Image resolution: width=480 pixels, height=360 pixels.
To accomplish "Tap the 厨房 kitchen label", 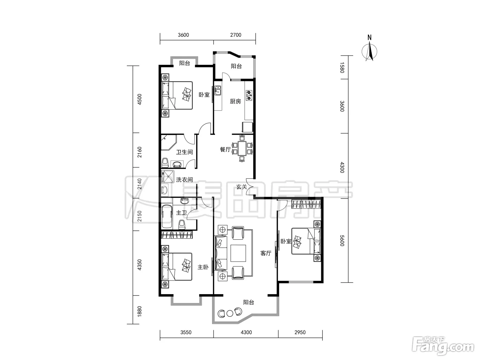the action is pyautogui.click(x=235, y=101).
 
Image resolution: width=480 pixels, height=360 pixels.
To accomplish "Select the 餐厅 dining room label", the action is pyautogui.click(x=225, y=149).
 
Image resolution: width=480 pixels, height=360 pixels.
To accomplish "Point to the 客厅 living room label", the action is pyautogui.click(x=266, y=253).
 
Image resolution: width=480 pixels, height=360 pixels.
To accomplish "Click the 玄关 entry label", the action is pyautogui.click(x=242, y=187).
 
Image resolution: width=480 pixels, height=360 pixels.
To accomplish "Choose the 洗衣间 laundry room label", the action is pyautogui.click(x=184, y=180).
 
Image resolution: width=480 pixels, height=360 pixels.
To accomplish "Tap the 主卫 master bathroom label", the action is pyautogui.click(x=181, y=213).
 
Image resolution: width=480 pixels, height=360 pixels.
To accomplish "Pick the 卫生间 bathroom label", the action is pyautogui.click(x=184, y=152).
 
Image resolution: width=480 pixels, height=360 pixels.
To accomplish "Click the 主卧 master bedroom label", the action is pyautogui.click(x=203, y=267).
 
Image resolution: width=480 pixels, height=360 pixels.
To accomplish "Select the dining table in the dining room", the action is pyautogui.click(x=242, y=148).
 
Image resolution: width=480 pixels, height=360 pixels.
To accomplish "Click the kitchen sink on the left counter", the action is pyautogui.click(x=218, y=91).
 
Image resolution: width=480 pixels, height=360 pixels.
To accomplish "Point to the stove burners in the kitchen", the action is pyautogui.click(x=249, y=95).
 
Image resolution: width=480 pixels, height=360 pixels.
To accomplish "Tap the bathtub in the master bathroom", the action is pyautogui.click(x=167, y=216).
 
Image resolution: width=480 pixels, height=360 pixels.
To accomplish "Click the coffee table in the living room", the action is pyautogui.click(x=238, y=253).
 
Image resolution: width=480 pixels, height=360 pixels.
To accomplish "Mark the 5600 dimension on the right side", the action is pyautogui.click(x=343, y=240).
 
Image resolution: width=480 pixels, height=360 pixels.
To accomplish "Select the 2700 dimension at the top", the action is pyautogui.click(x=236, y=35).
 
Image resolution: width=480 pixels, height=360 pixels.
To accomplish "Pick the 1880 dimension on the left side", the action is pyautogui.click(x=139, y=311).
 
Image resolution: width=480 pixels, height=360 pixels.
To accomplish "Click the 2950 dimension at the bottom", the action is pyautogui.click(x=300, y=333).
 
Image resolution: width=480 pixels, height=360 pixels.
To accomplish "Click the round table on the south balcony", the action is pyautogui.click(x=230, y=314).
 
